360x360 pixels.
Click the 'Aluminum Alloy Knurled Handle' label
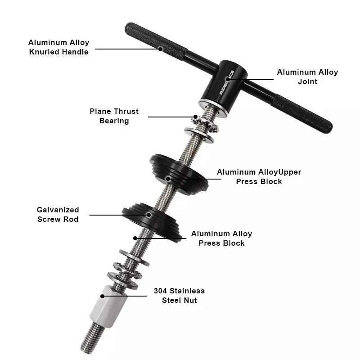(58, 47)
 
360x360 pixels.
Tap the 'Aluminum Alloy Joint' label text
(307, 76)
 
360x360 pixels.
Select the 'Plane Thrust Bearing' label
(114, 116)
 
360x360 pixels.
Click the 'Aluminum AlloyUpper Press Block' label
(259, 176)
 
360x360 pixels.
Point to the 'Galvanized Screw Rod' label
(58, 215)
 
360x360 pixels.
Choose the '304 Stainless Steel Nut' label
(179, 296)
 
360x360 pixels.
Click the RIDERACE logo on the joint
(227, 82)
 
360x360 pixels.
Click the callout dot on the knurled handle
(161, 49)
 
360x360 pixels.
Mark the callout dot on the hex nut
(103, 296)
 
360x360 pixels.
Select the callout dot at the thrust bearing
(195, 117)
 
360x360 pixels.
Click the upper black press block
(179, 175)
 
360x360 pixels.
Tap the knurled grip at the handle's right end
(302, 113)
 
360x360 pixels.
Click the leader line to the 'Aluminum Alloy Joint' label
(251, 80)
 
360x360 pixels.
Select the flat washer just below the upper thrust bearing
(199, 135)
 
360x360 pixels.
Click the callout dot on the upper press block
(168, 179)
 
